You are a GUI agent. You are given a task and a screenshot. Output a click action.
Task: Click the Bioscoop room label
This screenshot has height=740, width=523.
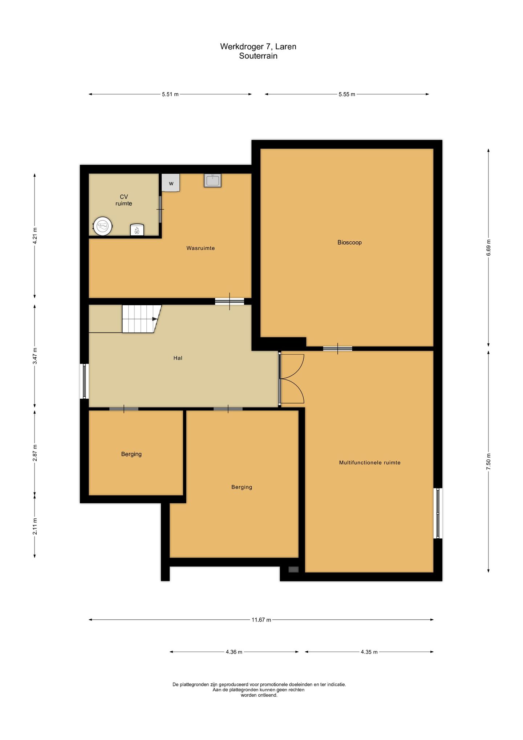pos(349,242)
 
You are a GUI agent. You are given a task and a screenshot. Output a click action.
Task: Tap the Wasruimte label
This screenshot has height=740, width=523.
pos(200,248)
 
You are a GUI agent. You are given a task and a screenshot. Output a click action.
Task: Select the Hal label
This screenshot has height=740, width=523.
pos(178,358)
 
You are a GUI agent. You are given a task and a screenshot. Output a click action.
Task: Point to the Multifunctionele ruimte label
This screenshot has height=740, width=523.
pos(370,463)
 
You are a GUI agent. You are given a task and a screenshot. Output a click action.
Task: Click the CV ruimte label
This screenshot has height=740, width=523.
pos(123,200)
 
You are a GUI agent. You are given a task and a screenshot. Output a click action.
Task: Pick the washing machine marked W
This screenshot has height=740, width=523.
pos(171,183)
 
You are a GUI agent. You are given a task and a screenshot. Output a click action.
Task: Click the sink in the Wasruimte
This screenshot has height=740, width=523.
pos(212,180)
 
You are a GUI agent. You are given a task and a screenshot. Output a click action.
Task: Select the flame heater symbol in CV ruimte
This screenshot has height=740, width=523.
pos(137,230)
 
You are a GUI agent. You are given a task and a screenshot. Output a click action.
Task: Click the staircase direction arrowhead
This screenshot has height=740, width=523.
pos(155,319)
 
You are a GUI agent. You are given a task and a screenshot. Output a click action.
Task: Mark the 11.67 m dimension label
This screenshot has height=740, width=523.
pos(261,620)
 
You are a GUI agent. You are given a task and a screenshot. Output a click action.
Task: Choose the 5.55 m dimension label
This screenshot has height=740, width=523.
pos(347,94)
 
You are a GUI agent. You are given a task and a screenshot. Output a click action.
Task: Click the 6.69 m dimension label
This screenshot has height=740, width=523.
pos(488,248)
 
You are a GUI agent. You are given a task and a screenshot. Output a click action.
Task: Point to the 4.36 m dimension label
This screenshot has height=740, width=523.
pos(234,652)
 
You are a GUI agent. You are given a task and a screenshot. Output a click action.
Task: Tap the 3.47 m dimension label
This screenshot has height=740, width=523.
pos(35,356)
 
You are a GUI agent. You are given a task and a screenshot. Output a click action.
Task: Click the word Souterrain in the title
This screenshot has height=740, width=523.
pos(258,56)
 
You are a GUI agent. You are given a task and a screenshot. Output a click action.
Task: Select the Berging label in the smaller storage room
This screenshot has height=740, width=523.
pos(131,454)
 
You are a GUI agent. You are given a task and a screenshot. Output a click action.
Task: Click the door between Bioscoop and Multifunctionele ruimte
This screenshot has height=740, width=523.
pos(337,349)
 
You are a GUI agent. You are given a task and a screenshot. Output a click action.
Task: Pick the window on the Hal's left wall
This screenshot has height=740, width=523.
pos(84,381)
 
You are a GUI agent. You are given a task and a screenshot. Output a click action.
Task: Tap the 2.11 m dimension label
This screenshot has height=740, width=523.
pos(35,526)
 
